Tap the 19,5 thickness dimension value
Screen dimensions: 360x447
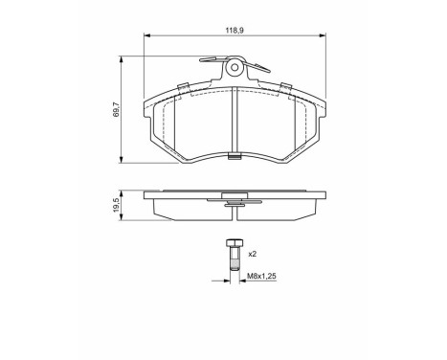(x=116, y=205)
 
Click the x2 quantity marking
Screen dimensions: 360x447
(x=253, y=255)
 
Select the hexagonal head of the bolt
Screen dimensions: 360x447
(x=233, y=244)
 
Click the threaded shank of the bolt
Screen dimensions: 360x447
(x=233, y=260)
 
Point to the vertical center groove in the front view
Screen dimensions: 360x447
(x=235, y=121)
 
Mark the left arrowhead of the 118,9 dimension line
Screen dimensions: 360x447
(x=146, y=37)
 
